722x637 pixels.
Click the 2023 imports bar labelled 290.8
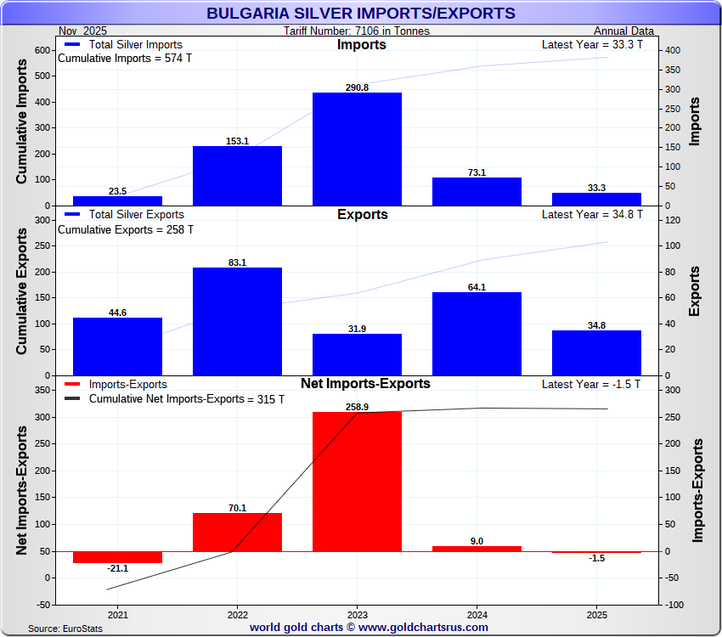[357, 149]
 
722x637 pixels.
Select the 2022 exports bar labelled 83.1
[237, 321]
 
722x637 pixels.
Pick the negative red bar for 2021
[117, 557]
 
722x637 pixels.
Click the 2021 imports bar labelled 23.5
[117, 200]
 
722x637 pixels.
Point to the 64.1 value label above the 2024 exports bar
[477, 287]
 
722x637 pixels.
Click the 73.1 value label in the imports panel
[477, 172]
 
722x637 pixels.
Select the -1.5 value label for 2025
[596, 558]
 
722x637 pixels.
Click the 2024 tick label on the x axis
[477, 615]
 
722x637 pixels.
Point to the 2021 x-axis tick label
[117, 615]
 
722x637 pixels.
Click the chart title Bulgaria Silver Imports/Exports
[361, 14]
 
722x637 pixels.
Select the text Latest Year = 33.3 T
[592, 45]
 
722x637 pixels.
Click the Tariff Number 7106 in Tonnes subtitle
[357, 31]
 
